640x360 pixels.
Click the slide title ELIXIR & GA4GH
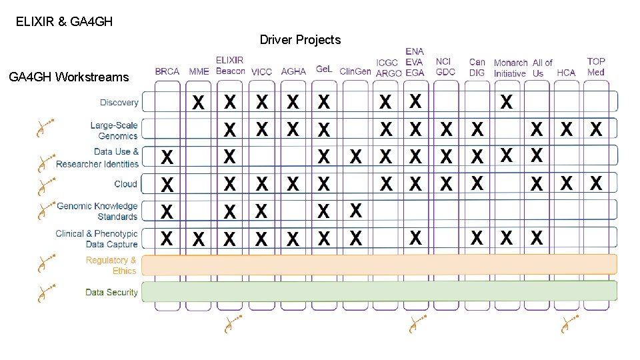click(64, 21)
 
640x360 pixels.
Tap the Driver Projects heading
click(300, 40)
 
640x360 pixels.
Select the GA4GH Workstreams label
click(69, 77)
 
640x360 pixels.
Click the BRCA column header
click(167, 71)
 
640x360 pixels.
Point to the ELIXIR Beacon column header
click(230, 65)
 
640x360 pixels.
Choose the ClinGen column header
click(355, 71)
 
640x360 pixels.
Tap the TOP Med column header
click(596, 67)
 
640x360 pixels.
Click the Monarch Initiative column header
click(511, 68)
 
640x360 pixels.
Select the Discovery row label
click(119, 103)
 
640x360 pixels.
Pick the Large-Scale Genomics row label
click(114, 131)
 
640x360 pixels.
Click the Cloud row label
click(126, 184)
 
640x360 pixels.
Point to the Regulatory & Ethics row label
click(111, 265)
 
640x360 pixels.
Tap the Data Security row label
click(111, 292)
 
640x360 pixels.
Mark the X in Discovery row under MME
click(199, 103)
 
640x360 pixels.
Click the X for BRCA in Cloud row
click(167, 184)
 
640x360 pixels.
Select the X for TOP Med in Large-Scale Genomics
click(596, 129)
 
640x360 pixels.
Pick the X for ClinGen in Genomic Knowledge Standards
click(356, 211)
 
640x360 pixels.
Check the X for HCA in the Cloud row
click(566, 183)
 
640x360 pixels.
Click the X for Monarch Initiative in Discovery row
click(507, 103)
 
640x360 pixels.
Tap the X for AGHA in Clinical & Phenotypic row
click(293, 239)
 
